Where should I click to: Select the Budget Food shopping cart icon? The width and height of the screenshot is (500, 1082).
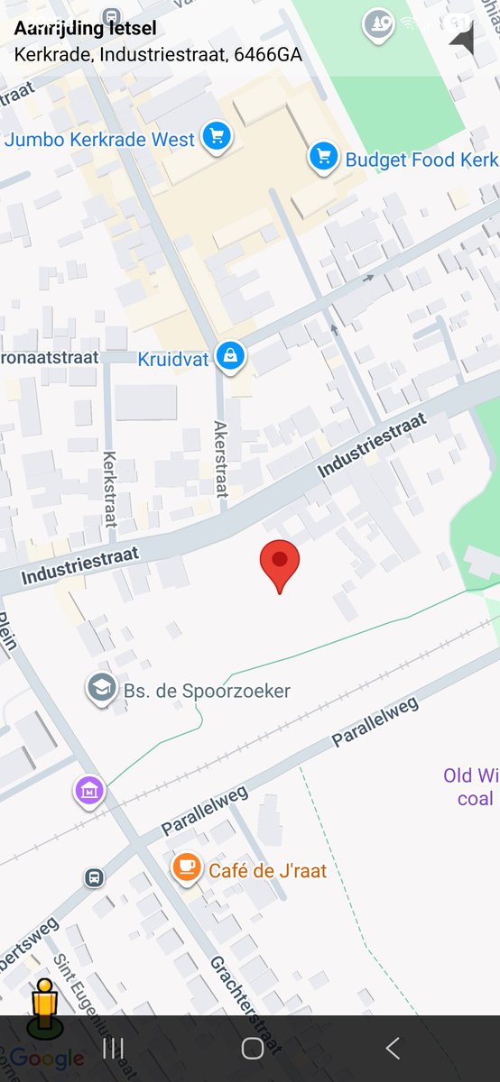pos(323,157)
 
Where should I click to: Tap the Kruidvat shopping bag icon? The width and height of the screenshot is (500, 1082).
pos(231,355)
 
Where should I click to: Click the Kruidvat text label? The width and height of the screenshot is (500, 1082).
pos(172,359)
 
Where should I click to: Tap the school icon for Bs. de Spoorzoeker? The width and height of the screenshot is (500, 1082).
pos(101,689)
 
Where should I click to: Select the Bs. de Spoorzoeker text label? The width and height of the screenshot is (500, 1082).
pos(207,692)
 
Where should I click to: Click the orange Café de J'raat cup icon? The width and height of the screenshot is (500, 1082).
pos(186,867)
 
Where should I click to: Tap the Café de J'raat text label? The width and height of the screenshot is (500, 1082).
pos(267,871)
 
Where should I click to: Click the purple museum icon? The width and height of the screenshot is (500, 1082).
pos(88,792)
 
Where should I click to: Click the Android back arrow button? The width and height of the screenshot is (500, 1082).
pos(392,1048)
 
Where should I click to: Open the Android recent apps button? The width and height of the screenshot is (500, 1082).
pos(113,1048)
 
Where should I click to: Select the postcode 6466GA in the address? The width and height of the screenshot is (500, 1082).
pos(267,54)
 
